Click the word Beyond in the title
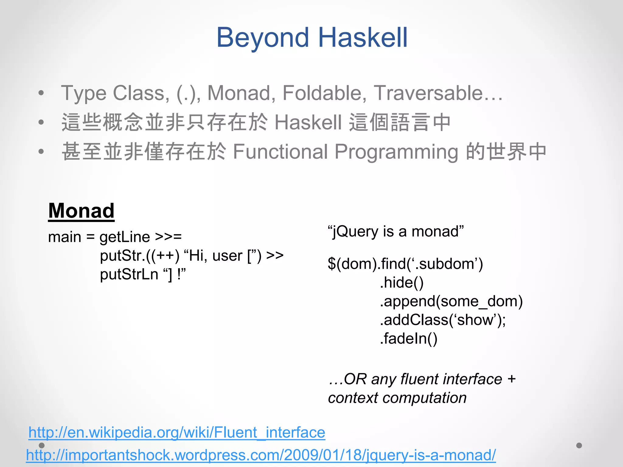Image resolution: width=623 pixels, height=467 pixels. pyautogui.click(x=263, y=38)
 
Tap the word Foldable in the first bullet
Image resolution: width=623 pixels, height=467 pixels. pyautogui.click(x=324, y=93)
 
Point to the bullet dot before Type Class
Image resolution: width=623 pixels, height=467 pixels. pyautogui.click(x=41, y=93)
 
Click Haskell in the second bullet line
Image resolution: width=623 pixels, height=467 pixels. pyautogui.click(x=308, y=123)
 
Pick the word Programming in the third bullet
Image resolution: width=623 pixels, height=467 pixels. pyautogui.click(x=396, y=152)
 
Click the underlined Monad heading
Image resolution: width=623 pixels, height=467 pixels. pyautogui.click(x=81, y=211)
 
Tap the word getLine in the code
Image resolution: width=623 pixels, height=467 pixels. pyautogui.click(x=125, y=237)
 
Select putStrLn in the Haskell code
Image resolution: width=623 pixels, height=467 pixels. pyautogui.click(x=129, y=274)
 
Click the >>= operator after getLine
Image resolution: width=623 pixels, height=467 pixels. pyautogui.click(x=168, y=237)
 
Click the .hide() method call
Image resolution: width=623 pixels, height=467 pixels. pyautogui.click(x=402, y=282)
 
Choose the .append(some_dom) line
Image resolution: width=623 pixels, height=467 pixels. pyautogui.click(x=451, y=301)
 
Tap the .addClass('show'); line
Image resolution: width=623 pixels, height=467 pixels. pyautogui.click(x=443, y=320)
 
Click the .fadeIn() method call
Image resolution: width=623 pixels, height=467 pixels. pyautogui.click(x=409, y=339)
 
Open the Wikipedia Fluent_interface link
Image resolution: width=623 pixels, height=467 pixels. pyautogui.click(x=177, y=433)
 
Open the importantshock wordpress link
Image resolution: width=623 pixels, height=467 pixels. pyautogui.click(x=261, y=455)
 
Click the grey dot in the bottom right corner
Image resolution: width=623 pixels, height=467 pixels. pyautogui.click(x=579, y=445)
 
